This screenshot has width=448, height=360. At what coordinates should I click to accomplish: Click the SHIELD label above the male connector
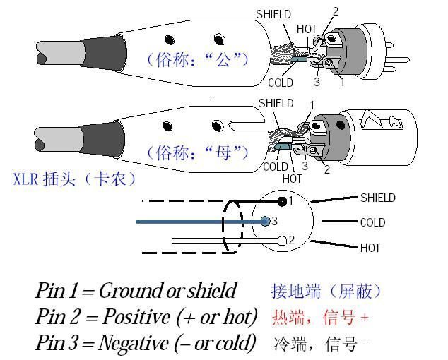(273, 13)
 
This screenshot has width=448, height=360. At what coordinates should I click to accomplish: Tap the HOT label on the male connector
(307, 29)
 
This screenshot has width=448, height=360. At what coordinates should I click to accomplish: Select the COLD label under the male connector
(280, 83)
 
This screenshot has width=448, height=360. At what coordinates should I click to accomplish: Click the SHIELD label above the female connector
(276, 103)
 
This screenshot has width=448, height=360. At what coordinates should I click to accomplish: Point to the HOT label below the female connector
(292, 179)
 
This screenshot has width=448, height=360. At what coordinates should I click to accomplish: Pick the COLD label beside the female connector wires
(275, 167)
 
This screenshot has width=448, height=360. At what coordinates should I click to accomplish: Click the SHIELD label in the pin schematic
(377, 198)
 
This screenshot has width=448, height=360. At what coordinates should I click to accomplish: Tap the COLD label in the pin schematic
(372, 222)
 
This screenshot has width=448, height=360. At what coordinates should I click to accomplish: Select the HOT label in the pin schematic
(370, 248)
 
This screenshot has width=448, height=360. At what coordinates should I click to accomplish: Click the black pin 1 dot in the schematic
(282, 202)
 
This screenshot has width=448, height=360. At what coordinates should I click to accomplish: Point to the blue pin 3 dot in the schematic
(265, 221)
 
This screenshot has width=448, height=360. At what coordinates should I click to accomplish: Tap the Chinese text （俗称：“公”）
(197, 59)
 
